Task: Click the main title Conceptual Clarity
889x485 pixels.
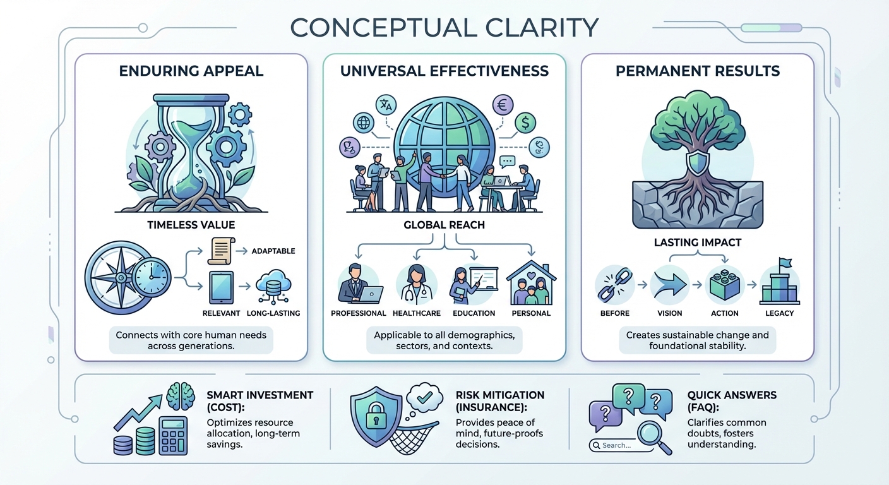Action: pos(444,28)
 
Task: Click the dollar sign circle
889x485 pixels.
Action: pos(525,123)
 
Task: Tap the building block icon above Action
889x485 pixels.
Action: pos(724,284)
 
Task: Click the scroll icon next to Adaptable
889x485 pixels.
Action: pos(221,251)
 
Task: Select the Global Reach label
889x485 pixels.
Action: pos(444,225)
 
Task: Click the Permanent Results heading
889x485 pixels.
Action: pos(698,71)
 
